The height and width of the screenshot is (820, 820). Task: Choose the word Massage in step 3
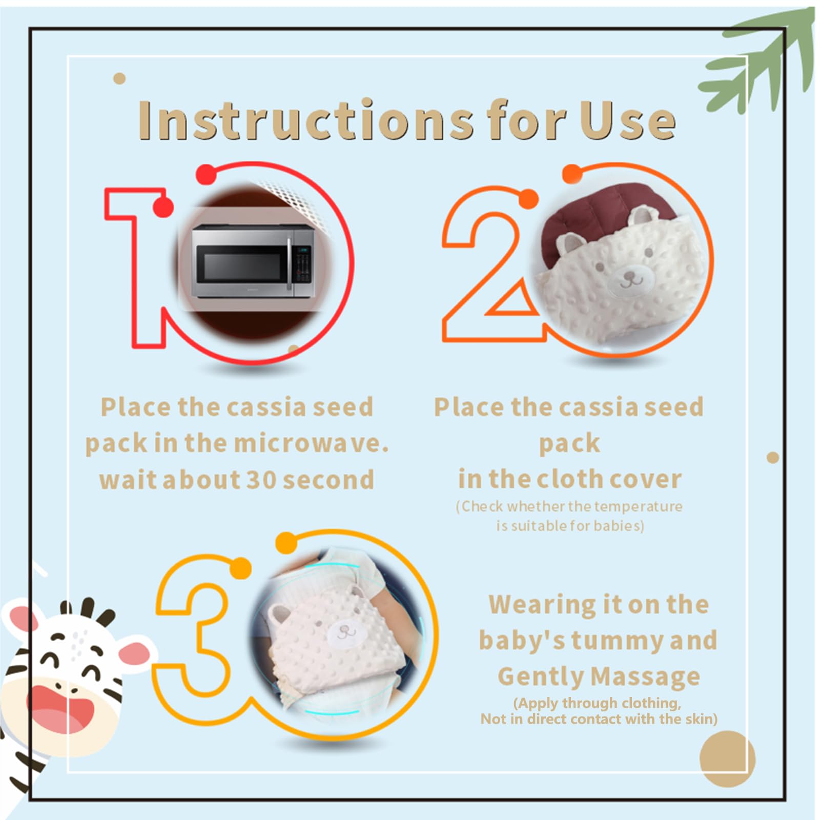coord(646,676)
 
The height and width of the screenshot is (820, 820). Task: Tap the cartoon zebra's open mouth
coord(59,705)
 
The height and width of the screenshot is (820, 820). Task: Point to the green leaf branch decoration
coord(764,61)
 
